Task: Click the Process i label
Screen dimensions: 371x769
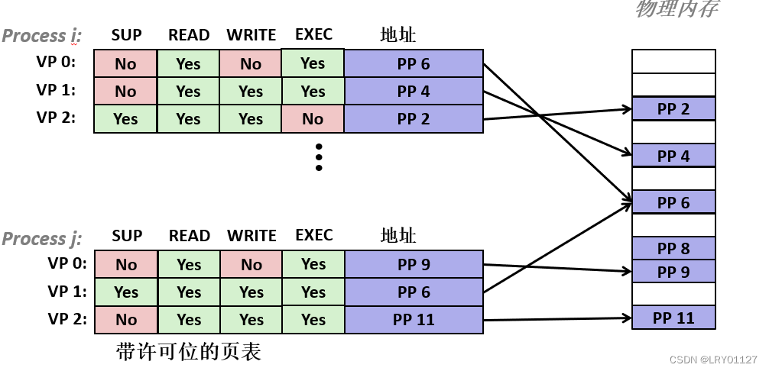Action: (42, 36)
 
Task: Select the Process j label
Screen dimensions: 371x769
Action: (42, 239)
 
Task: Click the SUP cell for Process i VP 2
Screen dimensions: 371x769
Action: (125, 119)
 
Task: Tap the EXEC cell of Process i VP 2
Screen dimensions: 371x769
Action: (313, 119)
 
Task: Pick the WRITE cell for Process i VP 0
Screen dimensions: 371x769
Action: (251, 64)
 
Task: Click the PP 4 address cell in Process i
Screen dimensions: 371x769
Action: (414, 92)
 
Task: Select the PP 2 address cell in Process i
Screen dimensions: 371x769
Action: (414, 119)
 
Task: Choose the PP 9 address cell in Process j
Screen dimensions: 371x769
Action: (414, 265)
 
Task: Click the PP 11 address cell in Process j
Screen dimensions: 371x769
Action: (414, 320)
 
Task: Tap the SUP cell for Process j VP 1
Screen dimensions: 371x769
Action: (125, 292)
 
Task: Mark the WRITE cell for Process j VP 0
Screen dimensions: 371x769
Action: (251, 265)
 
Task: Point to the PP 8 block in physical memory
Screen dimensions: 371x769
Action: (673, 248)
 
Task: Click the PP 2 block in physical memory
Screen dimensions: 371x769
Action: (673, 108)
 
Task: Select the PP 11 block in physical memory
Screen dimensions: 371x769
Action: (673, 318)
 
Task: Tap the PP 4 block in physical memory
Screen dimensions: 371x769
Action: (673, 156)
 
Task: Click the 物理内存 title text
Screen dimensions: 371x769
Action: (677, 9)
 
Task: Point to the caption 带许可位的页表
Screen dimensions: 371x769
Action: (189, 351)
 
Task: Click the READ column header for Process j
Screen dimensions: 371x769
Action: (189, 236)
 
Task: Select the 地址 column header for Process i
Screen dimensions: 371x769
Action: (397, 35)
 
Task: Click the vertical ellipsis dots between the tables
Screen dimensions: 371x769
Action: (319, 156)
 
